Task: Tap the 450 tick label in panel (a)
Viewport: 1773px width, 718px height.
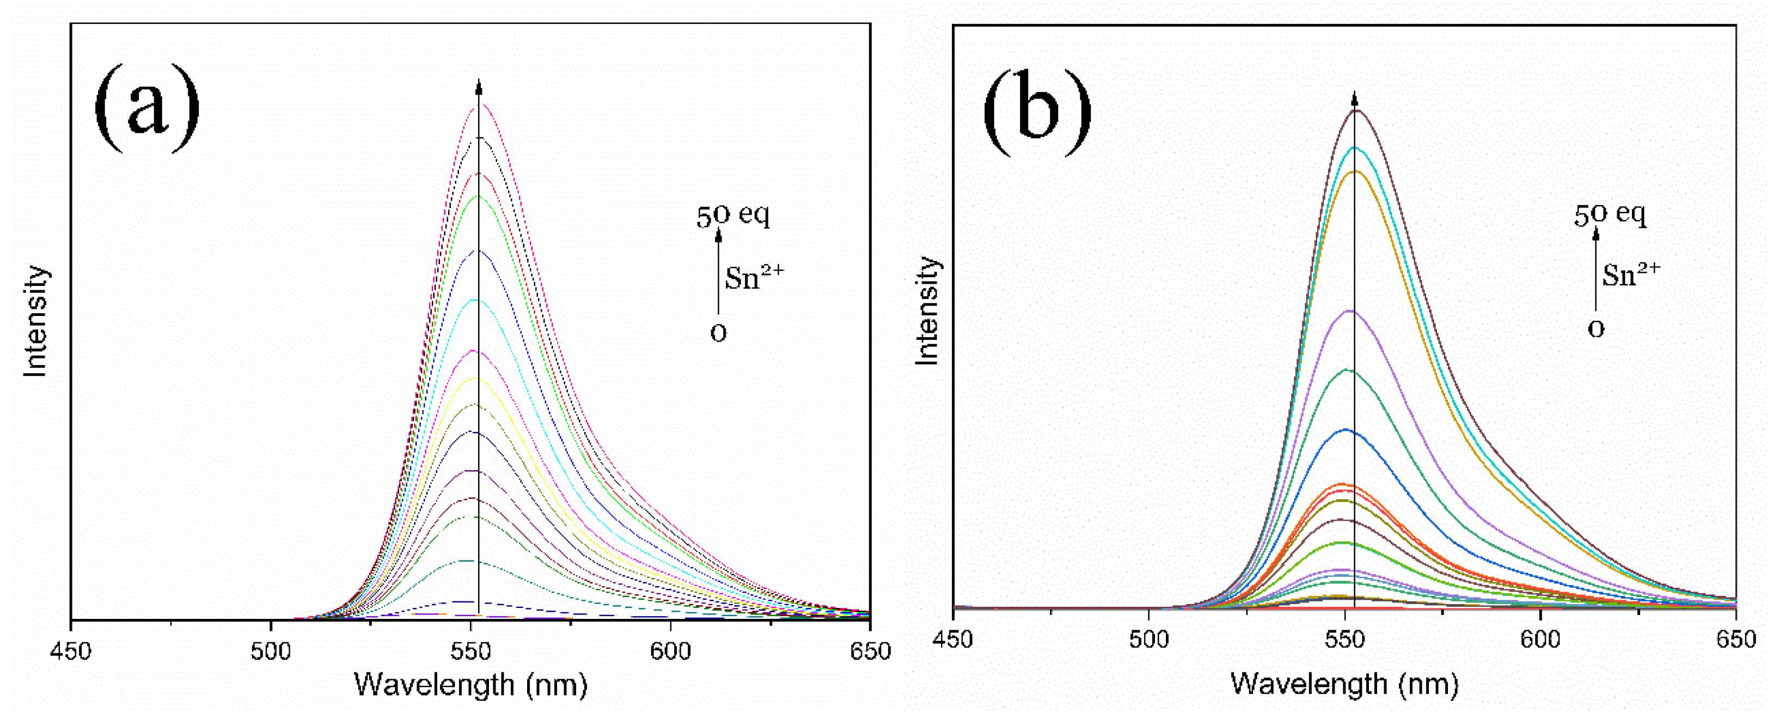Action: point(71,650)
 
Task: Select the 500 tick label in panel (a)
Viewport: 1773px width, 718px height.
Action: point(271,650)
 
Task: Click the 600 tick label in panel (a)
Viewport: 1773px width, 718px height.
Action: point(670,650)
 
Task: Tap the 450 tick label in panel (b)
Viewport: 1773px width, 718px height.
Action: point(953,640)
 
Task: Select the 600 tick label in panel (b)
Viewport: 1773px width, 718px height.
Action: point(1540,640)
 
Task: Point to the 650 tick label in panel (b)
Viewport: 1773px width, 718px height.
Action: point(1735,640)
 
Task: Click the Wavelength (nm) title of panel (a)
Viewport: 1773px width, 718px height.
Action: point(471,685)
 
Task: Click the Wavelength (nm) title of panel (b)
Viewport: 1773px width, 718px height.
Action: point(1344,684)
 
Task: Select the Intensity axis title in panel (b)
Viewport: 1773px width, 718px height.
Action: point(927,311)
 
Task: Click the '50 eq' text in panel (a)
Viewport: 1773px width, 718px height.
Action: point(732,216)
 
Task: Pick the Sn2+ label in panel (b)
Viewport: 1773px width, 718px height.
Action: point(1630,274)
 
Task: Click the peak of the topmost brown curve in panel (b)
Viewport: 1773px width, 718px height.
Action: point(1354,110)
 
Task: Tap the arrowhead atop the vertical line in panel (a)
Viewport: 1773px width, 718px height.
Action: point(479,86)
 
